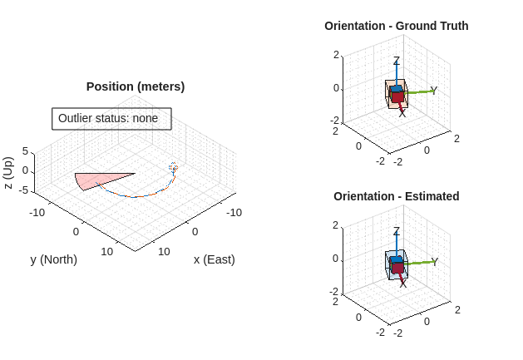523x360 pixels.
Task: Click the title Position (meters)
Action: pyautogui.click(x=136, y=86)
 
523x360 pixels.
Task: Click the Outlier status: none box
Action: pyautogui.click(x=111, y=119)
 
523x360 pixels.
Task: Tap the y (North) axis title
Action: pyautogui.click(x=53, y=259)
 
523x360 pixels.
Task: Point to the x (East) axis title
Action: pyautogui.click(x=214, y=259)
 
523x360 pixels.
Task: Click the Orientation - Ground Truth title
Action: pyautogui.click(x=396, y=26)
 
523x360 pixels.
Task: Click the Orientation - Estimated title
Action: pyautogui.click(x=396, y=196)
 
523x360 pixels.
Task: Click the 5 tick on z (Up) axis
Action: pyautogui.click(x=26, y=151)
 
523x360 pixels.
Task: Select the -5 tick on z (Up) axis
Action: pyautogui.click(x=24, y=190)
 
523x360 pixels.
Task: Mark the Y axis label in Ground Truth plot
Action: pyautogui.click(x=434, y=91)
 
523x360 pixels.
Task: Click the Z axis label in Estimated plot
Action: pyautogui.click(x=397, y=232)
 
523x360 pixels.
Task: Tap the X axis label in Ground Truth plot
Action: pyautogui.click(x=402, y=112)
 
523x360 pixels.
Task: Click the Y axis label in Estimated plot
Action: pyautogui.click(x=434, y=262)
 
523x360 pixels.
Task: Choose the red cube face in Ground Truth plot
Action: pyautogui.click(x=397, y=96)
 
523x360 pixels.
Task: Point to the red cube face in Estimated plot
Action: pyautogui.click(x=397, y=268)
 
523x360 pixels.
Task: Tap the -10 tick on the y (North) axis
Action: pyautogui.click(x=37, y=213)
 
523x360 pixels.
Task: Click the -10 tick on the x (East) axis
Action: pyautogui.click(x=234, y=213)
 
